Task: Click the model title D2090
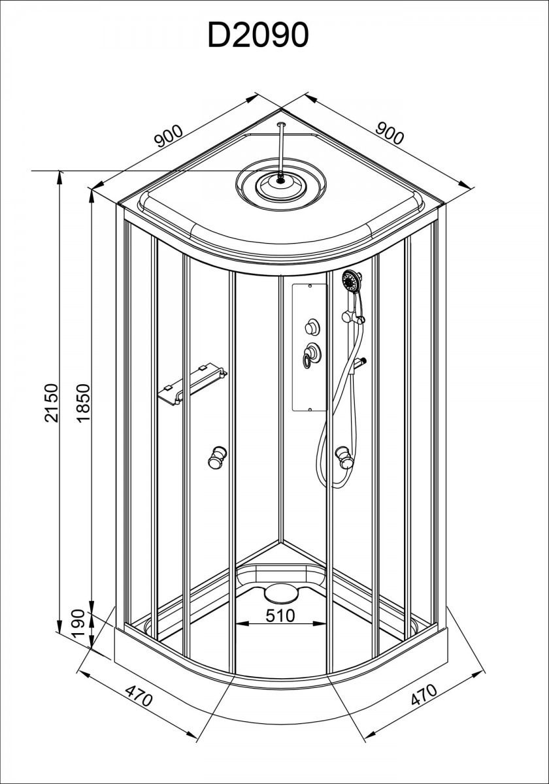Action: click(258, 35)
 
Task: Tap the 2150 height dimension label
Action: click(51, 403)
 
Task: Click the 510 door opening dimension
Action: click(280, 615)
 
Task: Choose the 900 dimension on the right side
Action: click(390, 134)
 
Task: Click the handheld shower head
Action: click(352, 280)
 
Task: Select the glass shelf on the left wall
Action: click(193, 384)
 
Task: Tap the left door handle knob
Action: click(216, 457)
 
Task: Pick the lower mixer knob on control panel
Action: click(311, 355)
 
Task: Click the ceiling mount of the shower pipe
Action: click(281, 124)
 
